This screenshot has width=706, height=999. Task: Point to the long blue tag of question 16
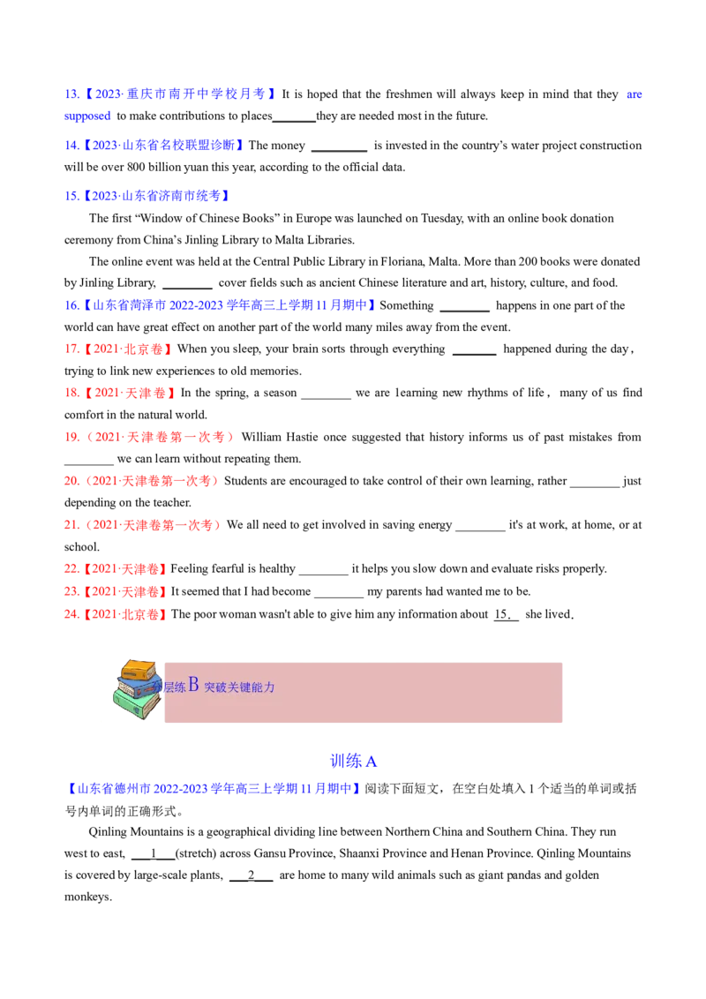(x=229, y=305)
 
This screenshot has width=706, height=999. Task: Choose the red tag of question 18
(x=130, y=393)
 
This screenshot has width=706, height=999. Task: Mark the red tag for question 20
(x=151, y=481)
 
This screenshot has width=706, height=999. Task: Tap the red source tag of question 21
(x=154, y=525)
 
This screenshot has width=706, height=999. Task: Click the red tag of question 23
(x=125, y=591)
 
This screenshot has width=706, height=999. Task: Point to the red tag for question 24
(x=125, y=613)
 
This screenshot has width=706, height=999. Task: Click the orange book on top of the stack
(x=139, y=669)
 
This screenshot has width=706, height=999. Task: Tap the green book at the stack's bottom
(x=136, y=704)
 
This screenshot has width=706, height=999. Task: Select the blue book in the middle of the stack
(x=139, y=687)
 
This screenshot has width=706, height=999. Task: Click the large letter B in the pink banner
(x=193, y=686)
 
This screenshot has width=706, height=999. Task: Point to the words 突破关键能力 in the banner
(x=239, y=687)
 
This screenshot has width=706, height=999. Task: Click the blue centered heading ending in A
(x=354, y=760)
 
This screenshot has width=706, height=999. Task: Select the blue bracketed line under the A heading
(x=213, y=788)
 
